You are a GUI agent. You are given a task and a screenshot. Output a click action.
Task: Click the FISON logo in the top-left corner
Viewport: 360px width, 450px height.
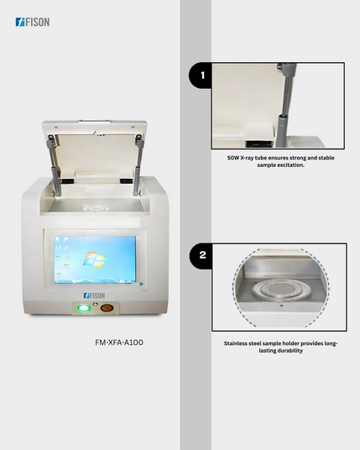(33, 22)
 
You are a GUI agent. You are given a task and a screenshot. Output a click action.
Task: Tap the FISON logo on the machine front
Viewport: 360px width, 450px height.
(94, 296)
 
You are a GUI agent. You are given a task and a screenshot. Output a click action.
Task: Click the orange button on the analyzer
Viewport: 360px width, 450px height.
(107, 308)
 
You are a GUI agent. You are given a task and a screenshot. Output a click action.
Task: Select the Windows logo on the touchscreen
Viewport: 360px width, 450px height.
(95, 259)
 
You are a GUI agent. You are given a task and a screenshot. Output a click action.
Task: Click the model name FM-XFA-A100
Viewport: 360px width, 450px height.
(119, 343)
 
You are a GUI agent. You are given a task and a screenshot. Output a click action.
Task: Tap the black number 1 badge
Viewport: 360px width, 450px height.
(201, 76)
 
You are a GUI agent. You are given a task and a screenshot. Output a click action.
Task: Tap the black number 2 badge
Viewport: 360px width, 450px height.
(201, 255)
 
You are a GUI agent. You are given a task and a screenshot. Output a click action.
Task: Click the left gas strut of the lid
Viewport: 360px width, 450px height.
(55, 166)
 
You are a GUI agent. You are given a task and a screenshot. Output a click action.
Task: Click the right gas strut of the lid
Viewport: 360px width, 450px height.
(138, 165)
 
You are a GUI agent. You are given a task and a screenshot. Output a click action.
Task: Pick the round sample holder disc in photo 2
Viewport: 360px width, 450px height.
(279, 290)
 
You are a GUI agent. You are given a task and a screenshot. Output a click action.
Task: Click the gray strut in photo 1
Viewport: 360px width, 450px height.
(285, 106)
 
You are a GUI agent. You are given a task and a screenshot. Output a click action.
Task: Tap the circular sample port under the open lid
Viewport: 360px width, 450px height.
(95, 207)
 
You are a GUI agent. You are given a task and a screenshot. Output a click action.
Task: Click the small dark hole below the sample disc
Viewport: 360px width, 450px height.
(281, 306)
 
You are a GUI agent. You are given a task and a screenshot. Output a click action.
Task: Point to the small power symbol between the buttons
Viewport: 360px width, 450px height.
(96, 304)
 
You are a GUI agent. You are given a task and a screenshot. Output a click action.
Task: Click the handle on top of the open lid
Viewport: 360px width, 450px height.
(94, 121)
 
